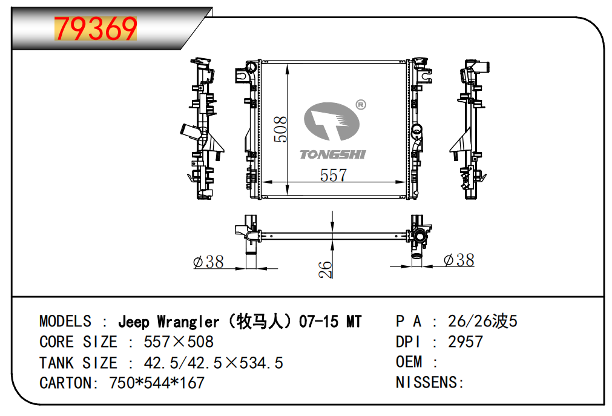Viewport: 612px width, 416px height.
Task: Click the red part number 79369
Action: [96, 28]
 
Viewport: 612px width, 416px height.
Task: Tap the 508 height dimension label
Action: [281, 130]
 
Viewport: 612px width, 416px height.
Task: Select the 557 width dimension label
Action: [334, 175]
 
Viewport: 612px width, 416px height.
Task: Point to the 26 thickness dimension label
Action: [325, 269]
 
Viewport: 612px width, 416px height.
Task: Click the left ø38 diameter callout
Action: [208, 262]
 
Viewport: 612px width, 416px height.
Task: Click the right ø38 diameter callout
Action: [459, 260]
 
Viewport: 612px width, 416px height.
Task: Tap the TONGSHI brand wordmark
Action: [332, 154]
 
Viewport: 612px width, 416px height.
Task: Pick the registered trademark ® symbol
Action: [361, 105]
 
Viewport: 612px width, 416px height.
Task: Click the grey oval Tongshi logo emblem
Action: [331, 121]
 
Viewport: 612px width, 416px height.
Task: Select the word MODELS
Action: [65, 322]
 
